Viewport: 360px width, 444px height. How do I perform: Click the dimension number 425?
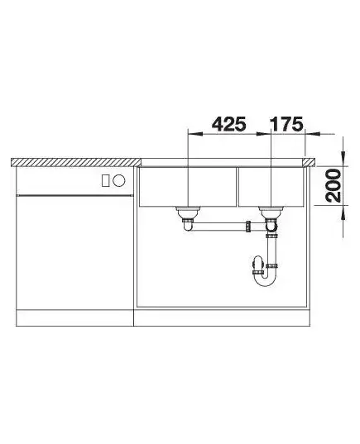(229, 124)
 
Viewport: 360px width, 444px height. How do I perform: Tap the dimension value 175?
(286, 124)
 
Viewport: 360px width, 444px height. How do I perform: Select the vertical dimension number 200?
(334, 185)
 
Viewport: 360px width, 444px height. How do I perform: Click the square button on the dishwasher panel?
(106, 180)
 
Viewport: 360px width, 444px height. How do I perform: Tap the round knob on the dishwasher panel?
(118, 180)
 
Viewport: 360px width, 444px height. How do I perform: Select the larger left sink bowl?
(188, 187)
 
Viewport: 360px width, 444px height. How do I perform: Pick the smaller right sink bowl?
(271, 187)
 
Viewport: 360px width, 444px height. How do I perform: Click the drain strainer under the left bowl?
(188, 211)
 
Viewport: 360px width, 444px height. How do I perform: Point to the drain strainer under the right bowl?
(271, 211)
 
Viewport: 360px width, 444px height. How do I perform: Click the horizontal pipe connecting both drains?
(219, 227)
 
